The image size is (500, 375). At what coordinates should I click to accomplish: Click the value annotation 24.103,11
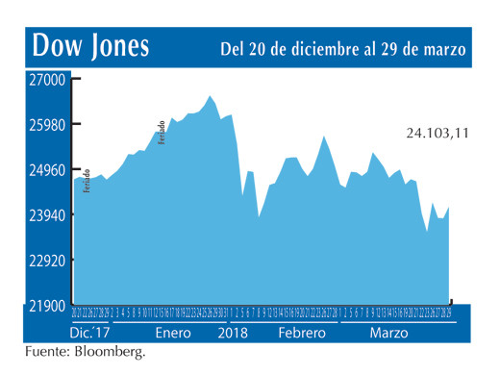tap(437, 134)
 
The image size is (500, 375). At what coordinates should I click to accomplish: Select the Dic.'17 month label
tap(90, 332)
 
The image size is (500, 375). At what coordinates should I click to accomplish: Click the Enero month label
tap(173, 332)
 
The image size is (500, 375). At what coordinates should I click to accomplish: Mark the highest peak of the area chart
tap(210, 96)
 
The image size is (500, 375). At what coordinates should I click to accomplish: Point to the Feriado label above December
tap(87, 182)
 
